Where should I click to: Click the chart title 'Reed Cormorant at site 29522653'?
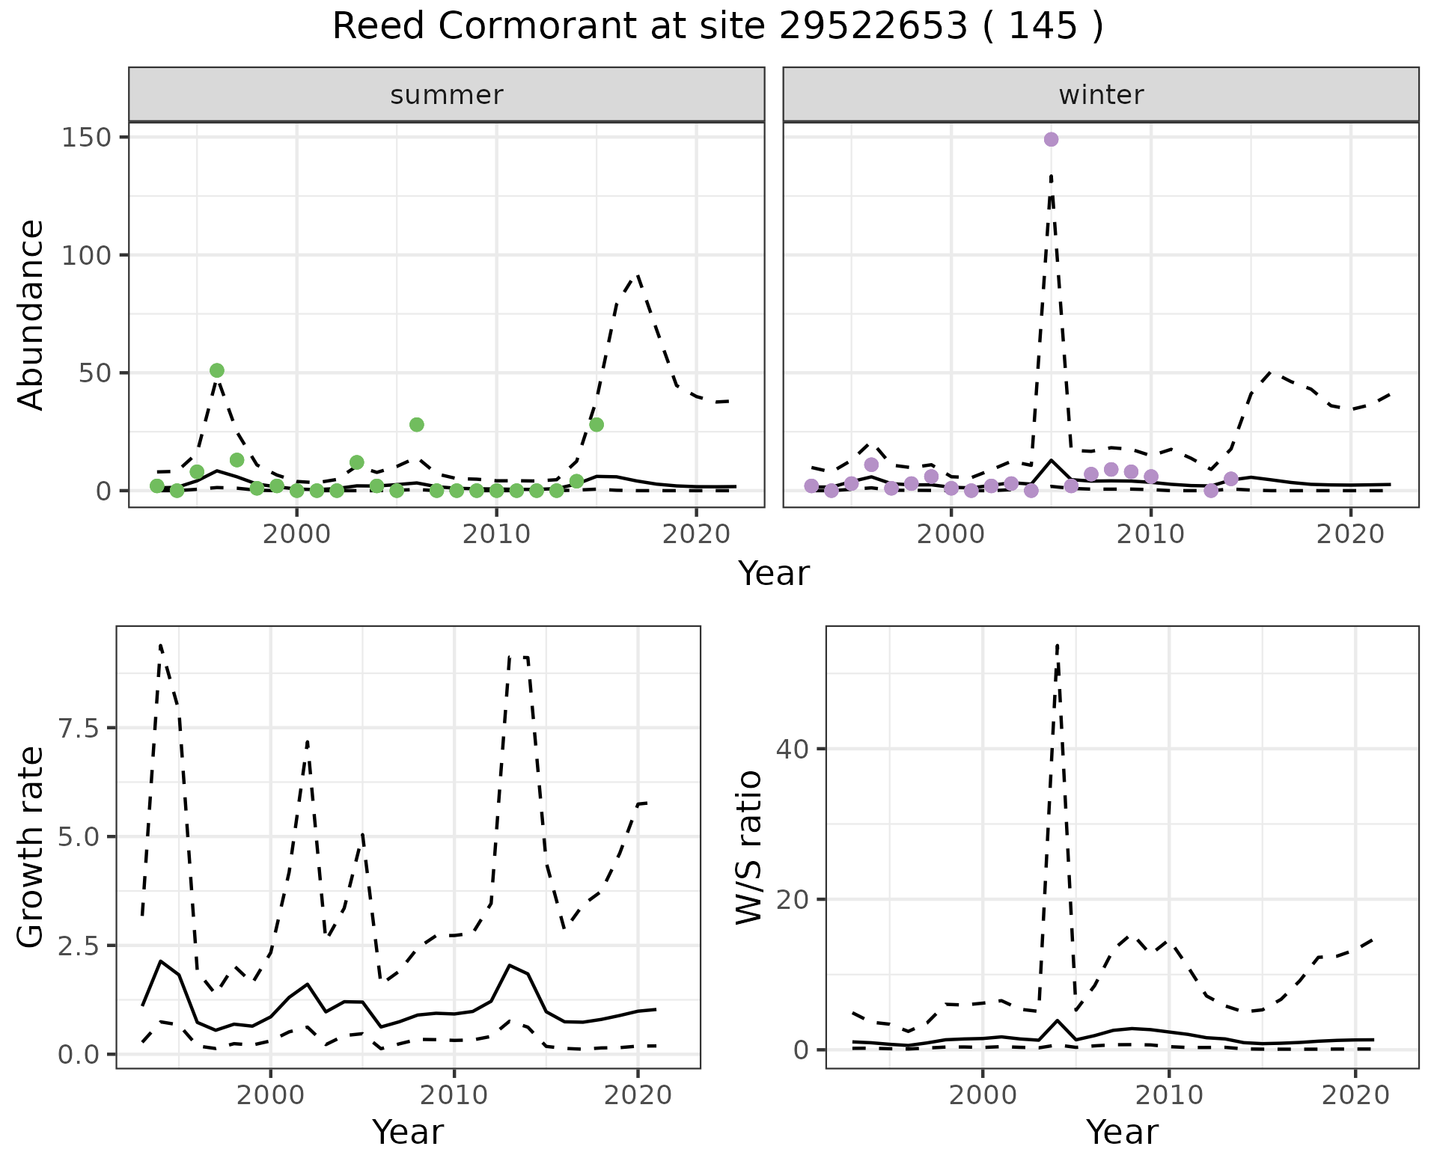point(717,27)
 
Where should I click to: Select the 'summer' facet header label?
point(446,95)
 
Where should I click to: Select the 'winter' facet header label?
point(1100,95)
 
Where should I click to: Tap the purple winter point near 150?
point(1051,139)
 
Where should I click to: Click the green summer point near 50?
point(217,370)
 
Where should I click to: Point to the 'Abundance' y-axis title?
point(31,314)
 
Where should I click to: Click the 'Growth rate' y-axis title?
point(31,847)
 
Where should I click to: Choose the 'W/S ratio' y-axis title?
point(748,847)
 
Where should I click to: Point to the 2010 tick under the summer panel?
point(496,534)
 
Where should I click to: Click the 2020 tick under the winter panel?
point(1350,534)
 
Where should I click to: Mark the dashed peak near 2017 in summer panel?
point(637,275)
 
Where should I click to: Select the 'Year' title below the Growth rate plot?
point(408,1132)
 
